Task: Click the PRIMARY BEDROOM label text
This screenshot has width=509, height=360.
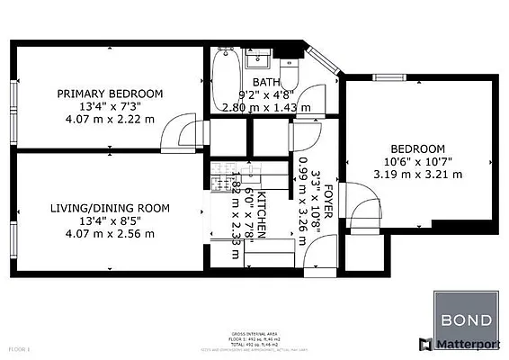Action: click(x=110, y=94)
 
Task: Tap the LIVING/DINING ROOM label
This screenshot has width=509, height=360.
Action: click(x=110, y=208)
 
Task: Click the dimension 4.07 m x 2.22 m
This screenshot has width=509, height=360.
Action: click(x=110, y=119)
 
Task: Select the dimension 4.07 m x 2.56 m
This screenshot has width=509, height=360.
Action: click(x=110, y=233)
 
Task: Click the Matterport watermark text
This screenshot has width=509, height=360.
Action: click(x=471, y=344)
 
